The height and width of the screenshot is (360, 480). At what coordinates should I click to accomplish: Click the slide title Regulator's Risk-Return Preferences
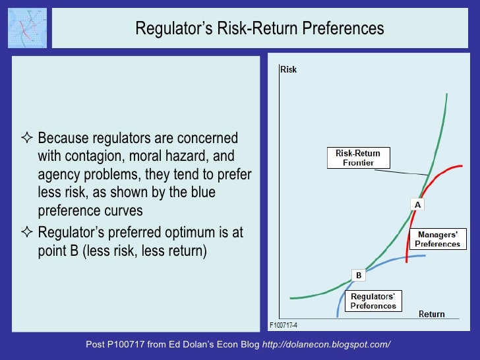click(259, 29)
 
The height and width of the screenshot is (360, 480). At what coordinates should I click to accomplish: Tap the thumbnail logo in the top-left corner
click(26, 28)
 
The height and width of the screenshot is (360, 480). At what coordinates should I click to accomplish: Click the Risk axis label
click(288, 69)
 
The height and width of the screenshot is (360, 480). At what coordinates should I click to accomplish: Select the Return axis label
click(431, 314)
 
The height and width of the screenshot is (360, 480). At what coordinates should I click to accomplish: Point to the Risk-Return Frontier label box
click(358, 158)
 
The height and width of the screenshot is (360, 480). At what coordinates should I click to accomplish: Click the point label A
click(417, 205)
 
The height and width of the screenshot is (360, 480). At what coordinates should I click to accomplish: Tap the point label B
click(359, 275)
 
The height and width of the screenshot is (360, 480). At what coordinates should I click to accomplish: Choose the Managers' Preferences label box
click(437, 239)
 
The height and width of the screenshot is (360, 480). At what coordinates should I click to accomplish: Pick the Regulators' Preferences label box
click(373, 301)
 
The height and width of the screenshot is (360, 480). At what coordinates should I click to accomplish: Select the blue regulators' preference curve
click(396, 258)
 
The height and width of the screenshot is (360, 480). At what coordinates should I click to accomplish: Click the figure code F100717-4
click(284, 325)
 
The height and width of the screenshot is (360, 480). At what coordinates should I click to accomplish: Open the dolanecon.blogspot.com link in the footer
click(326, 344)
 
